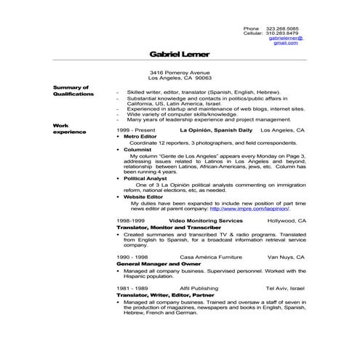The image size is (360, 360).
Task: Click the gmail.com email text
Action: (286, 43)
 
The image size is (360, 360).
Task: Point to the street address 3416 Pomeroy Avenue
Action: (180, 73)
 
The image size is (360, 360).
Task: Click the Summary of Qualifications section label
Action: (73, 90)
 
